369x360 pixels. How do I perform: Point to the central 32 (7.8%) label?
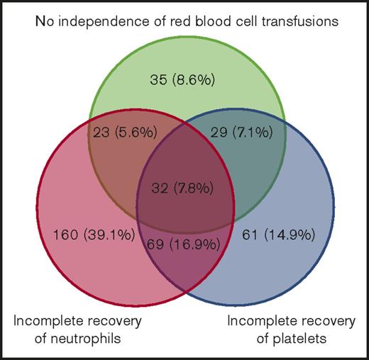point(187,189)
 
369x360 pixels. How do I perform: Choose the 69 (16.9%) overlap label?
point(187,246)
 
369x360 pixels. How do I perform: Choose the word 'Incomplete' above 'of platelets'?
point(258,321)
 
